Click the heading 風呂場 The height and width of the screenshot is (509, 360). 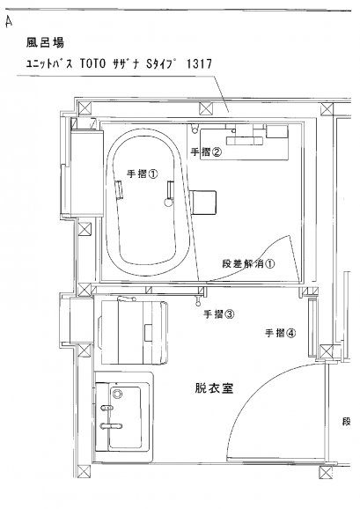point(45,42)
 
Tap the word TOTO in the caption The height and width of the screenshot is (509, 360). point(92,64)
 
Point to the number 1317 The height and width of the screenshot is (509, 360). point(199,64)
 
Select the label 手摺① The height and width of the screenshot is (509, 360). point(143,174)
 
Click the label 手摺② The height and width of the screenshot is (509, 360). point(206,152)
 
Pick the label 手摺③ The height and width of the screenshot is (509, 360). point(219,314)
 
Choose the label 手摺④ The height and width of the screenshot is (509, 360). point(281,333)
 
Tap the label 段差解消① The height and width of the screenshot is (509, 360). point(248,263)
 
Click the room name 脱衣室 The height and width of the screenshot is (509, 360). point(215,388)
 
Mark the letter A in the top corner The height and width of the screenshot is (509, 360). point(9,22)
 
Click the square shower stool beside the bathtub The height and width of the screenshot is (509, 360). point(203,203)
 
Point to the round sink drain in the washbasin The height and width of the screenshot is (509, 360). point(116,394)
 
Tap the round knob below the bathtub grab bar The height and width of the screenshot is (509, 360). point(168,203)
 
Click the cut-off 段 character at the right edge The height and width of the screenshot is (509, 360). point(347,423)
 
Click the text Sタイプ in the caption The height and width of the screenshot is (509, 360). point(162,63)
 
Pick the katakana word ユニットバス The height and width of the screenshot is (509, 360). point(49,64)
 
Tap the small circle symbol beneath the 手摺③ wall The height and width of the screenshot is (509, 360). point(198,304)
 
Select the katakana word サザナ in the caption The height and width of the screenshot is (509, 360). point(127,63)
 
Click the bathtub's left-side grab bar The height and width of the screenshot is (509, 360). point(120,190)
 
